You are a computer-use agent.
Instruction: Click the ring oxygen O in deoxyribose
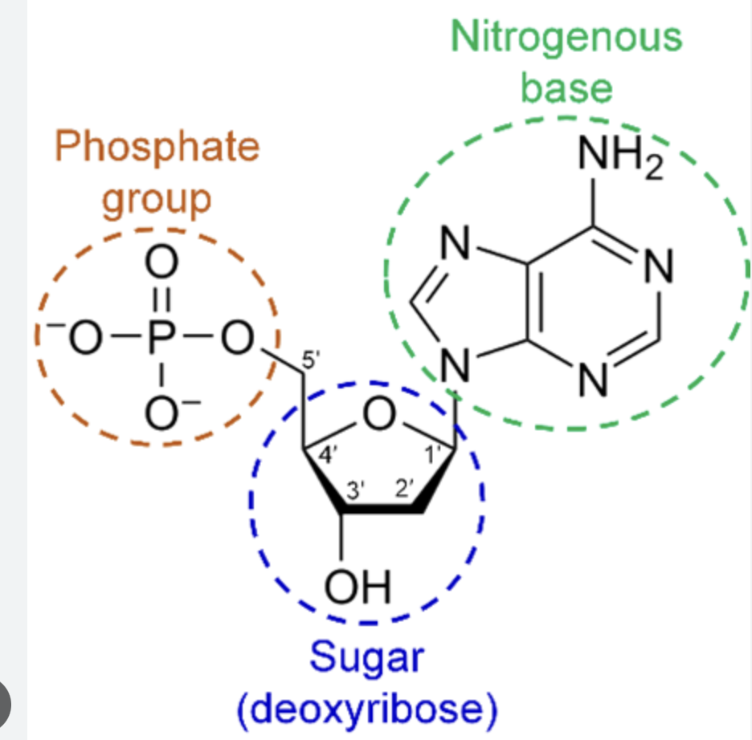coord(378,414)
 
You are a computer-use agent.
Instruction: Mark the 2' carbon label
coord(405,489)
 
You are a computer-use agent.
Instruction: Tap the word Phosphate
coord(157,148)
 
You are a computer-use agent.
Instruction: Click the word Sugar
coord(366,658)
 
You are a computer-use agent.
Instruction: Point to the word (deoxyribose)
coord(366,710)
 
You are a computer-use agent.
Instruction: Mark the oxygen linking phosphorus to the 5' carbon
coord(238,343)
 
